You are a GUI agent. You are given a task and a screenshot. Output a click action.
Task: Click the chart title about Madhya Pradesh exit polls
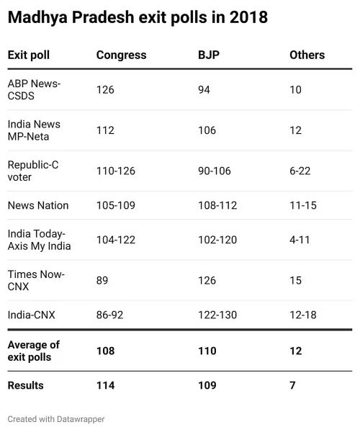point(138,18)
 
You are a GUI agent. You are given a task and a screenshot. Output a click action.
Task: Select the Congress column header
point(121,55)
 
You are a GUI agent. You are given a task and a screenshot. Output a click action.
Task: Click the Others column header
point(307,55)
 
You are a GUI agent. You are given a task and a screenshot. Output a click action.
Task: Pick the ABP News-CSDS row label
point(34,90)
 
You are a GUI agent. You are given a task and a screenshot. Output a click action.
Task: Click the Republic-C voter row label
point(32,171)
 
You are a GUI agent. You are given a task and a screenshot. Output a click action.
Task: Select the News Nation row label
point(38,205)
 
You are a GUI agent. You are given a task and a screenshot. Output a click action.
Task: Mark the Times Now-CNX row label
point(36,280)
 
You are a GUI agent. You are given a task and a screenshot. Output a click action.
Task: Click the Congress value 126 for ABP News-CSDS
point(105,90)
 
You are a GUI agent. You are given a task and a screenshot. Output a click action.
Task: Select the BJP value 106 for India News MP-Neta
point(207,130)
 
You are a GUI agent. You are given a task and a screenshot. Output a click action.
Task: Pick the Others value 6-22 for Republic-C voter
point(301,171)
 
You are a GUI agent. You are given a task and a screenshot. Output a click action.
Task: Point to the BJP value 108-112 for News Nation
point(217,205)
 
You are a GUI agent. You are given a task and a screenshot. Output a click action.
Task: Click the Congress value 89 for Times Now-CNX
point(102,280)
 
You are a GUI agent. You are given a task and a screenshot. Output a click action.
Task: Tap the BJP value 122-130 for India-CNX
point(217,315)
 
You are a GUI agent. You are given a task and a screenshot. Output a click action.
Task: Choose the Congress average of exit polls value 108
point(105,351)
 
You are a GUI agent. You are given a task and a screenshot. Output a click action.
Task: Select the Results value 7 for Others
point(292,385)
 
